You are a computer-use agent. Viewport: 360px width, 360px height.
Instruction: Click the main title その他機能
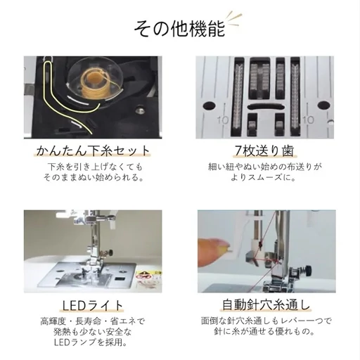click(179, 29)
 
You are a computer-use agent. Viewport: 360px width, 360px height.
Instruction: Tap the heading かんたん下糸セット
click(93, 150)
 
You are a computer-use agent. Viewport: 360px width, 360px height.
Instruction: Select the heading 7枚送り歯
click(264, 150)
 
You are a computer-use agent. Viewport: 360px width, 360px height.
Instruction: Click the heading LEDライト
click(93, 305)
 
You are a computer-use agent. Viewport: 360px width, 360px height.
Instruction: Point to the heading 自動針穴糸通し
click(266, 305)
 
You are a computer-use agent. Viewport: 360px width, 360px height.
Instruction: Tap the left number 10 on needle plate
click(223, 120)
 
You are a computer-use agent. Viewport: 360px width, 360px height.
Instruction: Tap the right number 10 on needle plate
click(308, 120)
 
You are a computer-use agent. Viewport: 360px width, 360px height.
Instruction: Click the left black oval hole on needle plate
click(210, 106)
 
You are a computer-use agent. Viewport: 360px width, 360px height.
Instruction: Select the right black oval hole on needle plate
click(323, 105)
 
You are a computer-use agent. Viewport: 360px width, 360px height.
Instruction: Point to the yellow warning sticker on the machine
click(143, 274)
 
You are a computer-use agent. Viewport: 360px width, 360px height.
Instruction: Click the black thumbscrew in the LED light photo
click(110, 252)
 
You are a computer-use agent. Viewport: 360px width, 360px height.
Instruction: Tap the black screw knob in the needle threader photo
click(309, 271)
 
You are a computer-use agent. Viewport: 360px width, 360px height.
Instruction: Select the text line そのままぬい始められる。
click(94, 178)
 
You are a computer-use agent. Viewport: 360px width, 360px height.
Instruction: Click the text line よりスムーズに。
click(264, 177)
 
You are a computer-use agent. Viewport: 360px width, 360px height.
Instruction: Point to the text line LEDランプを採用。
click(91, 342)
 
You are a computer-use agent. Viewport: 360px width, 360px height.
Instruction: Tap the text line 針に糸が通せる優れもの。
click(265, 332)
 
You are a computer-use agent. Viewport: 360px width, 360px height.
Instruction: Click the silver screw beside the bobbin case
click(139, 109)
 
